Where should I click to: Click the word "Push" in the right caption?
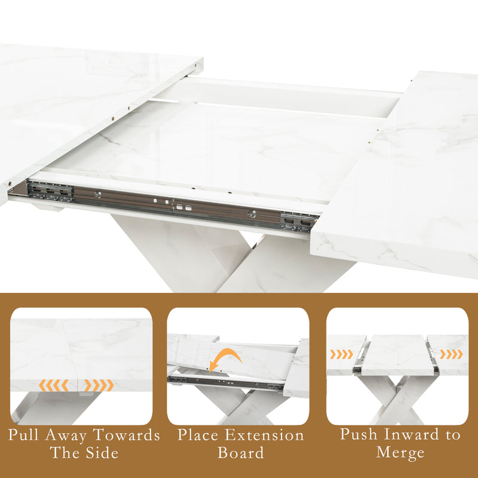point(360,434)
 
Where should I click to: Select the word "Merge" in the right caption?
point(400,452)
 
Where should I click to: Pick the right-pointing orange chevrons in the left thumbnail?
point(99,386)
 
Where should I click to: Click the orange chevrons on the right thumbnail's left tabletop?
point(342,354)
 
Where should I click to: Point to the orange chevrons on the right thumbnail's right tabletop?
point(451,354)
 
